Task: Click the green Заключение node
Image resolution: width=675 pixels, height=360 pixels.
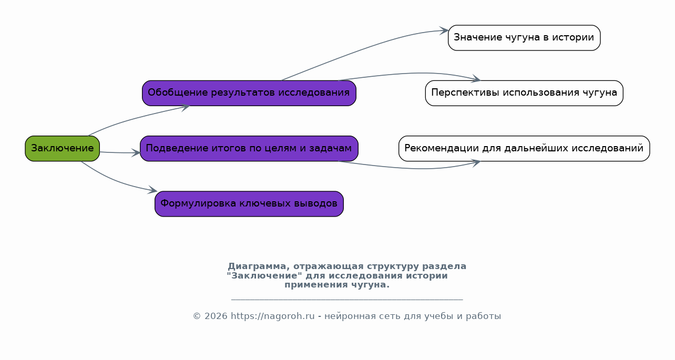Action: (x=63, y=149)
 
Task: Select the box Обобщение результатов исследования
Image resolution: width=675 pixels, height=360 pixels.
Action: (x=249, y=93)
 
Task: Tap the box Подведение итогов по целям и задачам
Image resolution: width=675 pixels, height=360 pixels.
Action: (x=249, y=149)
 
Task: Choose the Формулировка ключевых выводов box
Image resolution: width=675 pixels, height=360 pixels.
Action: (x=249, y=203)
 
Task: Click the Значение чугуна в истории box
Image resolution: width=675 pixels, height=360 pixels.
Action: (x=524, y=38)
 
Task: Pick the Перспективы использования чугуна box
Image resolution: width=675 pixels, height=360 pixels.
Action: (x=524, y=93)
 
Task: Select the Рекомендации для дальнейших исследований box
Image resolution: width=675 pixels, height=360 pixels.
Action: (x=524, y=149)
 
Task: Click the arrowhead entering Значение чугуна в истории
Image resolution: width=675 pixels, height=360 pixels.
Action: (x=444, y=30)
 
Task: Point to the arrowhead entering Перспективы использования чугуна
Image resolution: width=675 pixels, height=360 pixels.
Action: (x=476, y=79)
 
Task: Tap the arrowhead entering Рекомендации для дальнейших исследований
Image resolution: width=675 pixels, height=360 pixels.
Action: (x=476, y=163)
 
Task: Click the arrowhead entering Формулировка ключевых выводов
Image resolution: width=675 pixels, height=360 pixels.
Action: (x=152, y=190)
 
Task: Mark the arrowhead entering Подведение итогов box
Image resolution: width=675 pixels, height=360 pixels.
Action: (x=136, y=153)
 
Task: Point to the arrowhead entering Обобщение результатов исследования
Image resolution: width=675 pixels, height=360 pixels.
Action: (x=185, y=107)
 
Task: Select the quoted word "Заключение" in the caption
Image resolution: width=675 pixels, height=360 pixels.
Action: (x=264, y=275)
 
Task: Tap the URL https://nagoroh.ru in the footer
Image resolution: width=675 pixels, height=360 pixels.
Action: (x=272, y=316)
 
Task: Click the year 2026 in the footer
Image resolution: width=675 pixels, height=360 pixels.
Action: (x=216, y=316)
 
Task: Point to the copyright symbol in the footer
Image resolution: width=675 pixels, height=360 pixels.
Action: (x=197, y=316)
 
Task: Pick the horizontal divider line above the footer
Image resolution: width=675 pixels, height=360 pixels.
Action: (x=347, y=300)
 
